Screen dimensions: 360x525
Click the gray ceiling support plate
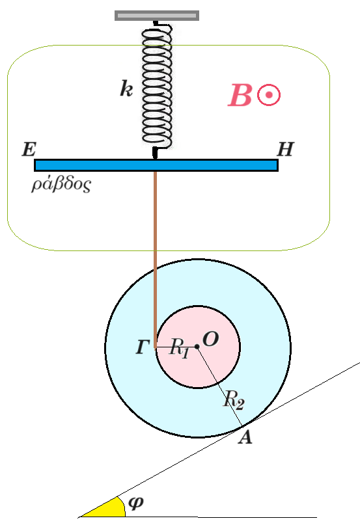157,16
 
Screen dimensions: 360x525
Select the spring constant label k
126,89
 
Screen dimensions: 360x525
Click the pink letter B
240,96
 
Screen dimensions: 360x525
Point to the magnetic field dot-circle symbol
269,95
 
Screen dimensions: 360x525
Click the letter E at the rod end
29,150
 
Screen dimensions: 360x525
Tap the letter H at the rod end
286,150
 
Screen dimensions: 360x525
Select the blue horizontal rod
156,165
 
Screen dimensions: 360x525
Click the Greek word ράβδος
61,184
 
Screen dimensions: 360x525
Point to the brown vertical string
155,260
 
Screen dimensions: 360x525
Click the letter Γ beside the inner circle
142,347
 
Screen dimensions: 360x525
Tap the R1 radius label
179,348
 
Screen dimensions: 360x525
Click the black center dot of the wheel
197,347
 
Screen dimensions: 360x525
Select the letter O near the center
211,339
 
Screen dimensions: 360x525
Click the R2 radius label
234,399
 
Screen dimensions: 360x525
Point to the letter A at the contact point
245,437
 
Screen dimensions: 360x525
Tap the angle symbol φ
136,502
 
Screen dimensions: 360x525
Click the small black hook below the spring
155,153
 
